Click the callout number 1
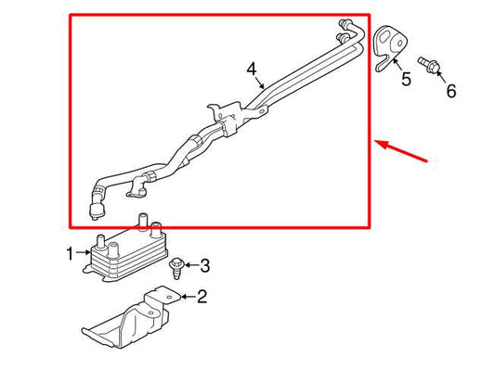(70, 254)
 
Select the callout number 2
(202, 297)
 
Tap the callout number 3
(205, 266)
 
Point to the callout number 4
(252, 70)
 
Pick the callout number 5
(406, 79)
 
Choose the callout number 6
(451, 91)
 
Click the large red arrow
(401, 151)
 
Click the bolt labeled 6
(428, 65)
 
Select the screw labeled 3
(176, 268)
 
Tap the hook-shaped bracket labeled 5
(389, 47)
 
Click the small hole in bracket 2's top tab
(169, 297)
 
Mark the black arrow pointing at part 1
(83, 252)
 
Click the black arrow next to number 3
(192, 264)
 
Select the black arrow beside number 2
(189, 297)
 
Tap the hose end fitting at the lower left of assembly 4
(97, 211)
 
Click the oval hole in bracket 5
(400, 43)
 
